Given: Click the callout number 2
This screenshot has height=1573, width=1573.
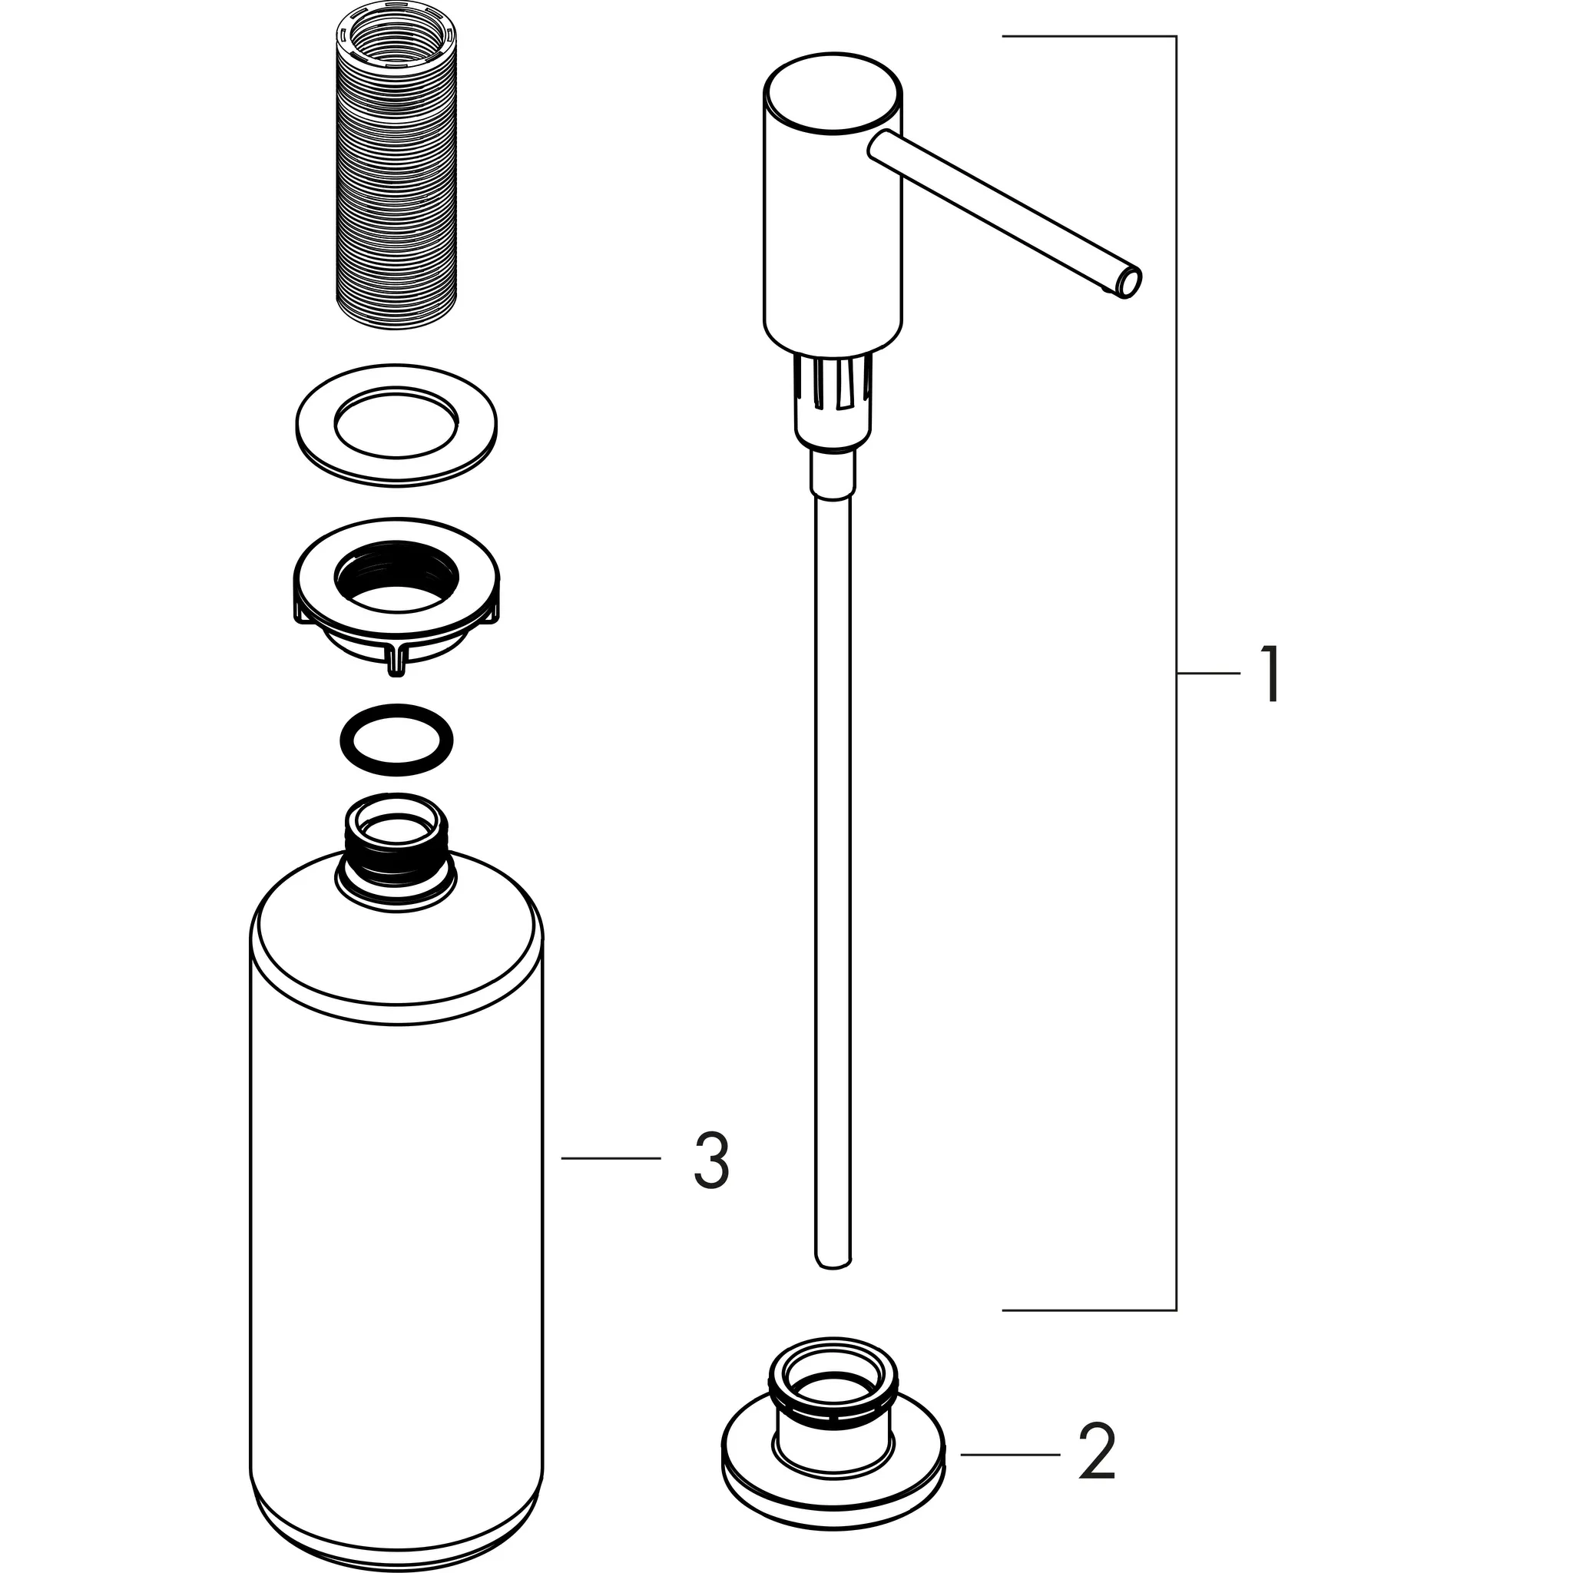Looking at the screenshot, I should (x=1096, y=1453).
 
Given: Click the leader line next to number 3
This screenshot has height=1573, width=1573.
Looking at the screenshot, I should (x=611, y=1157).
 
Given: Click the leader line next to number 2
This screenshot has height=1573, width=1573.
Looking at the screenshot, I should (x=1009, y=1454).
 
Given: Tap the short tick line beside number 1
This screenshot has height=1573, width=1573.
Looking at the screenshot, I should (x=1207, y=674).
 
